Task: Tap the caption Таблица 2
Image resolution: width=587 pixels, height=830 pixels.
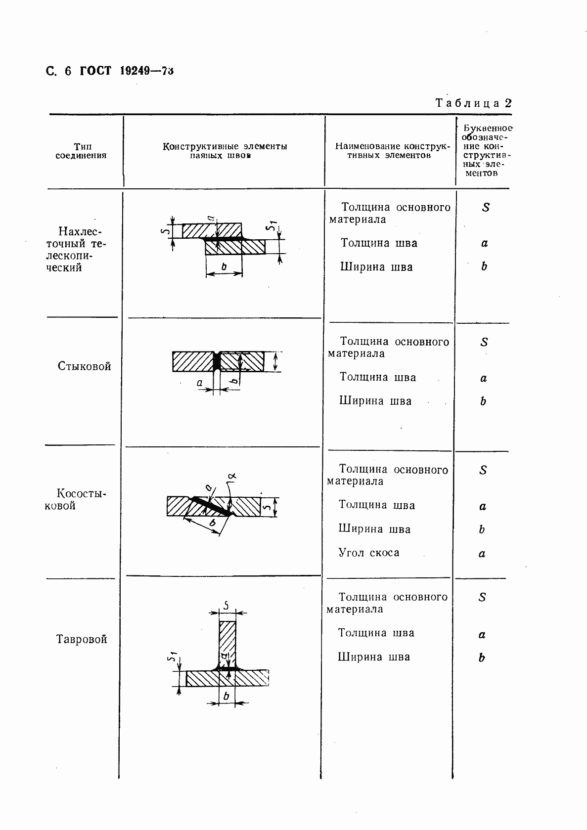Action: coord(473,103)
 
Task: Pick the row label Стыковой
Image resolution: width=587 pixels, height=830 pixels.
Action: coord(84,366)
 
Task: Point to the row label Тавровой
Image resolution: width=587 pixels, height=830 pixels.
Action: coord(82,639)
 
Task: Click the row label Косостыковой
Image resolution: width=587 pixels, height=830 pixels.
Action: coord(76,499)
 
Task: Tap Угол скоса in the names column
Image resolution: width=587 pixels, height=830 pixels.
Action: coord(368,553)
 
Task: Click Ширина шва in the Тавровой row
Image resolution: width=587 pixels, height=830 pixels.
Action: coord(374,657)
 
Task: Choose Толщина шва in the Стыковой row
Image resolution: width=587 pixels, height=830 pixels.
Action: coord(378,377)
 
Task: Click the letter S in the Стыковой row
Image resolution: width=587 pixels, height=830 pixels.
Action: coord(484,342)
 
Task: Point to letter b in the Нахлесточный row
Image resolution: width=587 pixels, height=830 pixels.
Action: coord(484,266)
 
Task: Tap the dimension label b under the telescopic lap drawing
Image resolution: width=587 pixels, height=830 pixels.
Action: coord(224,267)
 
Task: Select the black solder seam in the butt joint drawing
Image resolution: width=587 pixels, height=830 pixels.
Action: coord(216,362)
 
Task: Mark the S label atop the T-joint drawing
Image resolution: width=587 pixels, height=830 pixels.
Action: coord(226,605)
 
